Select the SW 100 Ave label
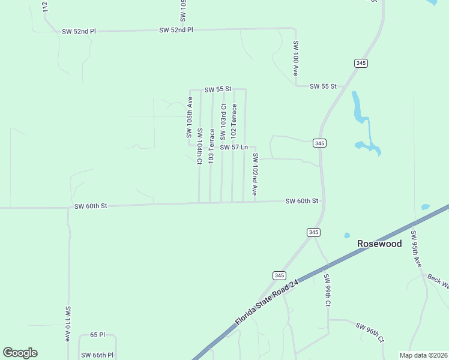point(295,58)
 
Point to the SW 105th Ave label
point(189,118)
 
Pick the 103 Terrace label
point(211,146)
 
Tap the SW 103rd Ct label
point(223,122)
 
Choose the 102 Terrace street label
point(234,122)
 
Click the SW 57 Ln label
point(234,147)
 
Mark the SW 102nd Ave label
point(255,174)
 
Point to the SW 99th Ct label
point(327,291)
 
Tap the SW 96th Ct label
point(369,333)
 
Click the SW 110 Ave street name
point(68,324)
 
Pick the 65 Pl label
point(97,334)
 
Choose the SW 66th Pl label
point(97,356)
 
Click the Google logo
point(20,353)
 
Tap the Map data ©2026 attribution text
point(423,355)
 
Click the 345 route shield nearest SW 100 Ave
point(361,63)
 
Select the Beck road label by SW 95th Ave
point(438,280)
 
